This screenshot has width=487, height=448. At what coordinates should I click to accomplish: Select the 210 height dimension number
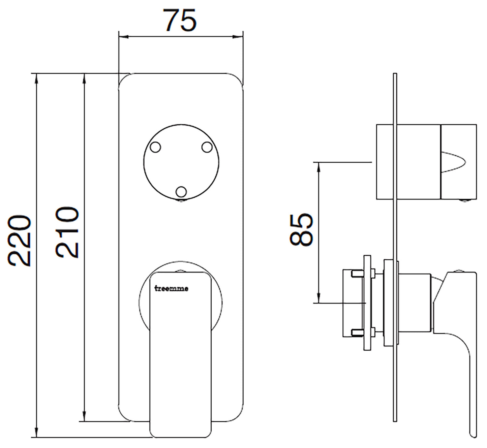coord(68,232)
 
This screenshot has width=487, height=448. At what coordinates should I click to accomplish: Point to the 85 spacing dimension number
coord(301,229)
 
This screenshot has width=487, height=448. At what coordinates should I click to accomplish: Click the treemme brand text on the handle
coord(172,288)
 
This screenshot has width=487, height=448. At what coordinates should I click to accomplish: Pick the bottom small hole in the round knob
coord(181,191)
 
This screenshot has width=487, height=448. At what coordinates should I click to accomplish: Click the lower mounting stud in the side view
coord(357,332)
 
